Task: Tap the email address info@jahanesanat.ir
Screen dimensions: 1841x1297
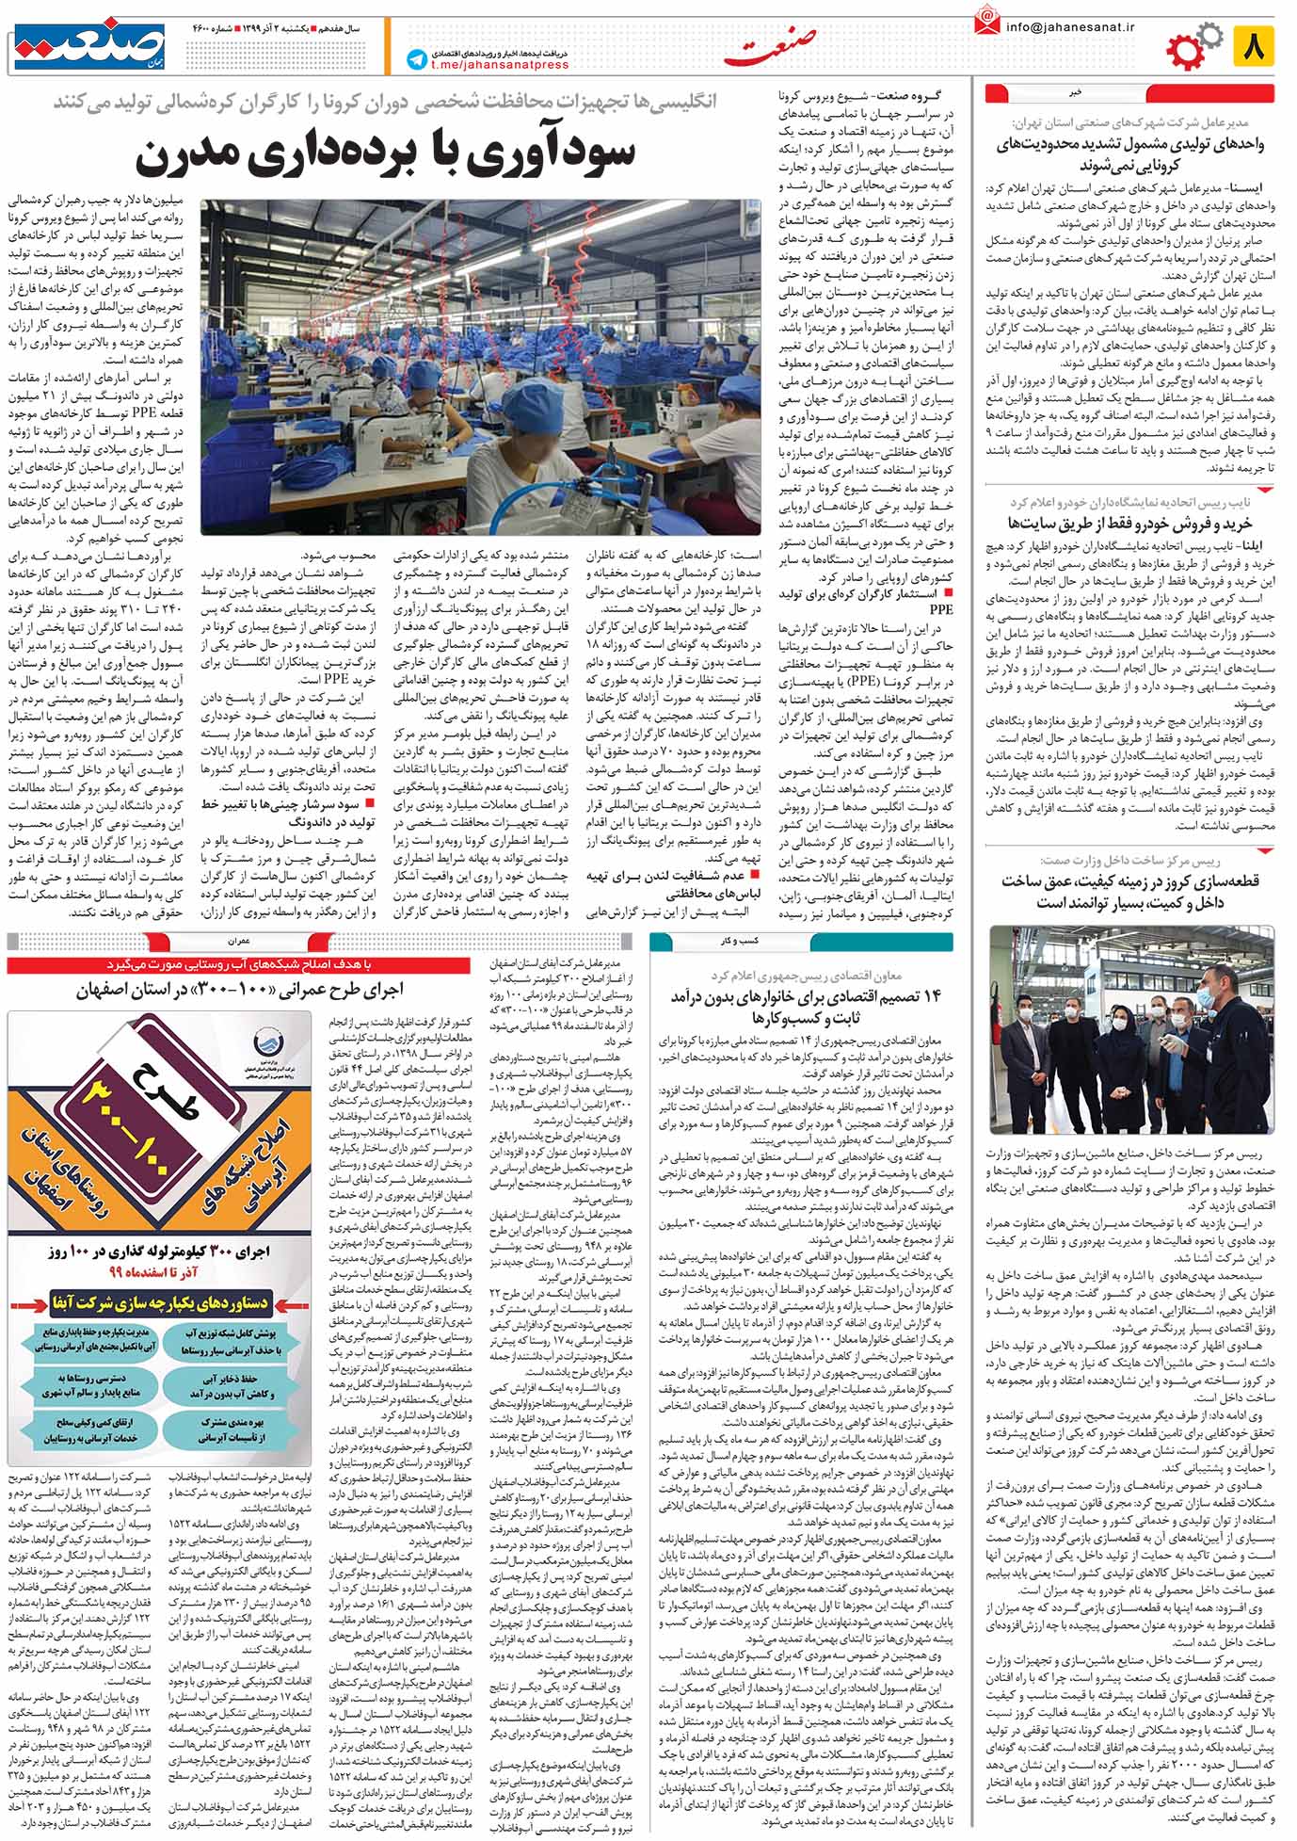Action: coord(1070,27)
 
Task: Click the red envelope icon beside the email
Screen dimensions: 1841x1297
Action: coord(986,21)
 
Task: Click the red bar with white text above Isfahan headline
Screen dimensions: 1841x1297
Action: coord(238,965)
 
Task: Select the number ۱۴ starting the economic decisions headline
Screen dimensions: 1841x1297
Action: coord(932,997)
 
